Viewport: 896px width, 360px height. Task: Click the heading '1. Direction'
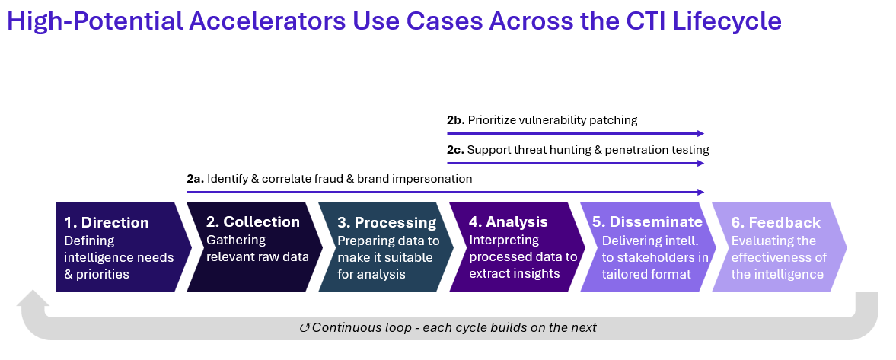click(x=107, y=222)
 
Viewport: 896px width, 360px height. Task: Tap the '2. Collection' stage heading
click(x=253, y=221)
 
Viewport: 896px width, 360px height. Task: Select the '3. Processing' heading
click(x=387, y=222)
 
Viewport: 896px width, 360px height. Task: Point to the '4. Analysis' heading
click(x=509, y=221)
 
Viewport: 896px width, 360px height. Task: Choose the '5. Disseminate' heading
click(x=647, y=221)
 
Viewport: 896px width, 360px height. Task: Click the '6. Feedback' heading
click(x=776, y=222)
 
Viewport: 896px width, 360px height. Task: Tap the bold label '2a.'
click(x=195, y=179)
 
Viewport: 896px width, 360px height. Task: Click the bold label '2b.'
click(x=455, y=120)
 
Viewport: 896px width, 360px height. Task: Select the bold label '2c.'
click(x=455, y=150)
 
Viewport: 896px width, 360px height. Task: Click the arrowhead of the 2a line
click(x=700, y=193)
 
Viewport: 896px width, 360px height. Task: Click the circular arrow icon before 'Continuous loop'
click(x=305, y=328)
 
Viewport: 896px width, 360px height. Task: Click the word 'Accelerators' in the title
click(x=268, y=21)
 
